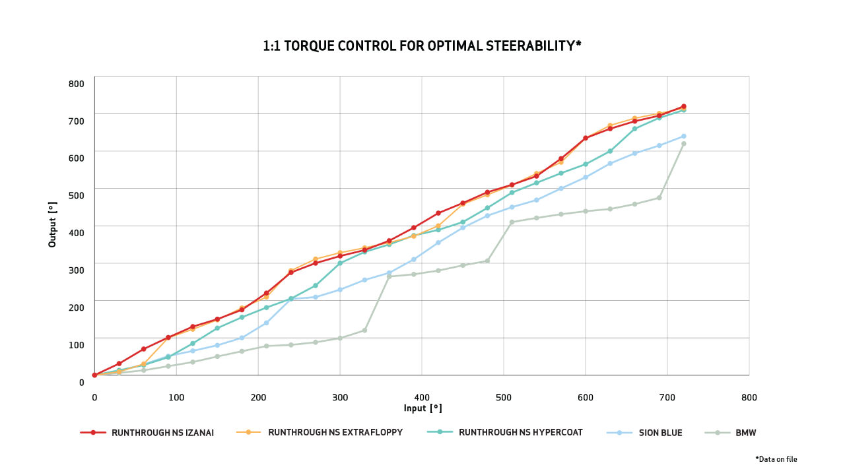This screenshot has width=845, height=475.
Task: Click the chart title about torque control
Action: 422,46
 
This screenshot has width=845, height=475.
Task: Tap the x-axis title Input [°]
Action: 422,409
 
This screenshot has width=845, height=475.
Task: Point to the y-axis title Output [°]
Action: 53,224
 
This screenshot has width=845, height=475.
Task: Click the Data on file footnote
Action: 781,459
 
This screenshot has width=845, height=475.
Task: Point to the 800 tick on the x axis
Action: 749,398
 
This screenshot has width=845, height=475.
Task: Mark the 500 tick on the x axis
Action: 504,398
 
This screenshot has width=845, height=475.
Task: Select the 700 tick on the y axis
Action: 77,121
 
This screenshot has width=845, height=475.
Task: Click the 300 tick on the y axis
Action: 77,270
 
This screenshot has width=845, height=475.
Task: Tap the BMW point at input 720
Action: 683,144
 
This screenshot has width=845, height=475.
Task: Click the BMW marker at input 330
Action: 364,331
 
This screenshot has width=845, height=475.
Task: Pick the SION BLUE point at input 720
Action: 683,137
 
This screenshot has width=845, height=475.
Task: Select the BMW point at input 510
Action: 512,222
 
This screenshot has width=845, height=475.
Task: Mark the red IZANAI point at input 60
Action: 143,349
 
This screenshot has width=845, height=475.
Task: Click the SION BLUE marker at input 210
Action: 266,323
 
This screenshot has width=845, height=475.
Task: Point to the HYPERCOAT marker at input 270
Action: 316,286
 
